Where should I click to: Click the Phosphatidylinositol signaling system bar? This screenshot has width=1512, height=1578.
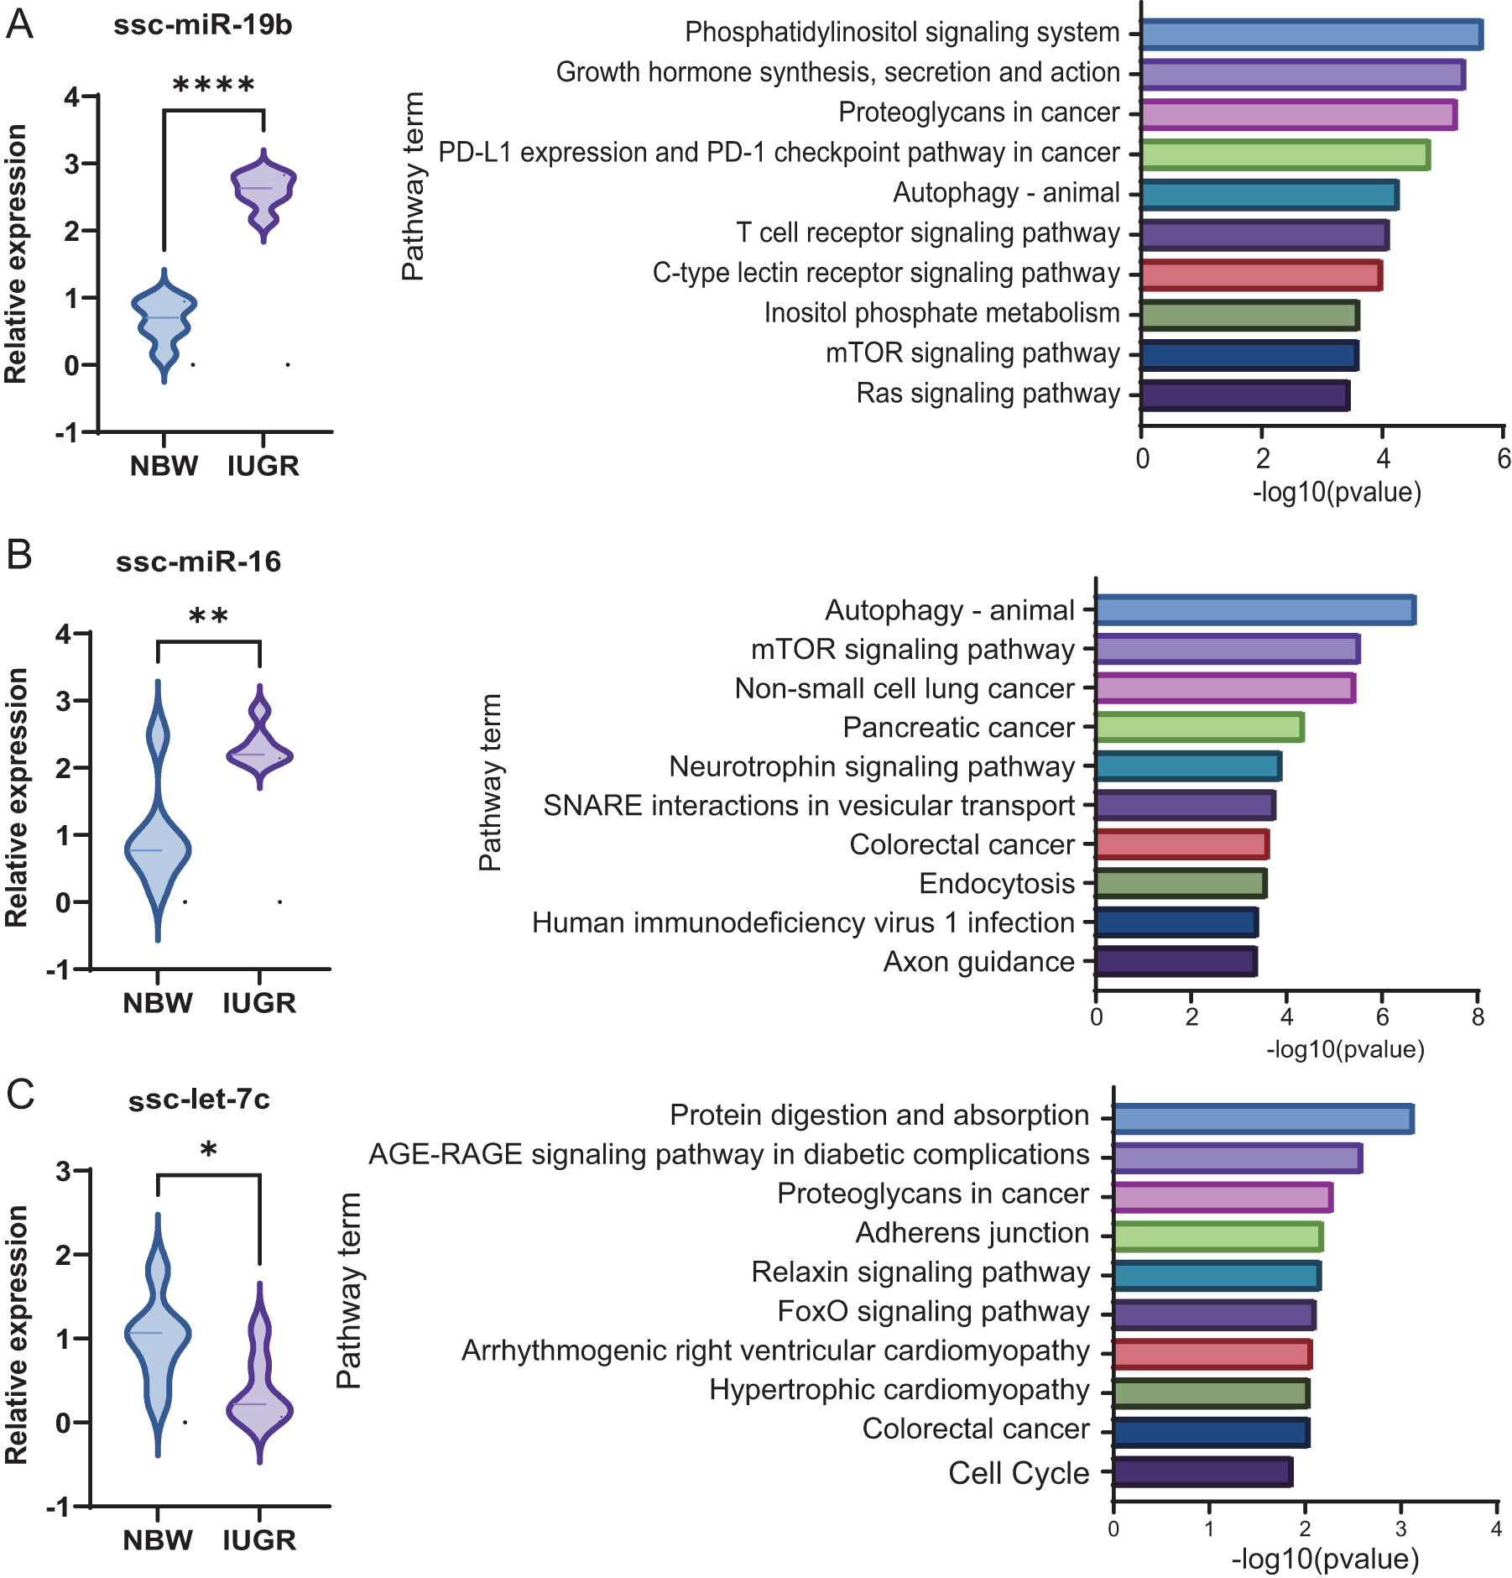coord(1311,34)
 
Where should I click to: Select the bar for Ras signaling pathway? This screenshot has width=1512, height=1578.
coord(1244,395)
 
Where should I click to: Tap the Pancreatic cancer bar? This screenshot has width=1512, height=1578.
coord(1199,727)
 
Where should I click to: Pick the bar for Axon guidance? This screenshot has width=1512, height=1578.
coord(1176,961)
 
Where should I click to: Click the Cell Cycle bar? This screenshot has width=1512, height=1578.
coord(1202,1472)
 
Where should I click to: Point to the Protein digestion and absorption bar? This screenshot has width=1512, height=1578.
coord(1263,1119)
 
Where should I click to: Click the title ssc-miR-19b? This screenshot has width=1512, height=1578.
coord(203,25)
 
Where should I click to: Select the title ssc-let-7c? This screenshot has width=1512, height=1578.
coord(199,1100)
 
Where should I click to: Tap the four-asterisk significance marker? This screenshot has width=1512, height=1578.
coord(213,85)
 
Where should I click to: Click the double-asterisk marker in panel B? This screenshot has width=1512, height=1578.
coord(208,617)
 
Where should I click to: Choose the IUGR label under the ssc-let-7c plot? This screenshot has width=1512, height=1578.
coord(259,1540)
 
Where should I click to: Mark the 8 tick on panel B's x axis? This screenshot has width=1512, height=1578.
coord(1478,1017)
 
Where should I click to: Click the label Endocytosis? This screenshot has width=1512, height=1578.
coord(997,884)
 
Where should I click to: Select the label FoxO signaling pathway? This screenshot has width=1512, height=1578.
coord(933,1311)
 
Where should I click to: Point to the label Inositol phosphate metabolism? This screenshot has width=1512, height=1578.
coord(941,313)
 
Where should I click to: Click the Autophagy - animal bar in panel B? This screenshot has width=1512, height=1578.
coord(1254,610)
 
